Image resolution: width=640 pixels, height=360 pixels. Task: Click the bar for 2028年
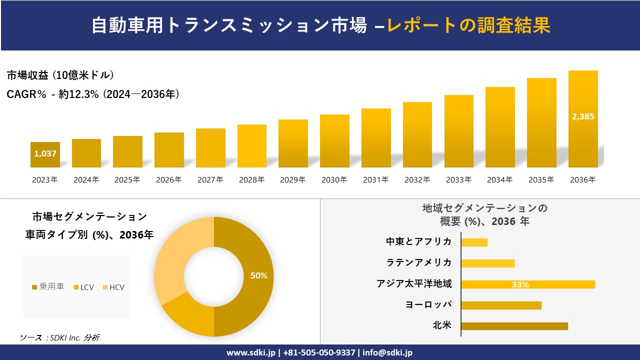tap(251, 146)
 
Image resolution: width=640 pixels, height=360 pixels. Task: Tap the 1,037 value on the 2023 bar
tap(45, 154)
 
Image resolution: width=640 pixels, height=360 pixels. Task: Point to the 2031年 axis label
tap(375, 180)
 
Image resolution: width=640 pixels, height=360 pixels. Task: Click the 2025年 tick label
tap(127, 180)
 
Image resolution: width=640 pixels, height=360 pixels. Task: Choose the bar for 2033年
tap(458, 131)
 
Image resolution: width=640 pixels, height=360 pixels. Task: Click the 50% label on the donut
tap(258, 275)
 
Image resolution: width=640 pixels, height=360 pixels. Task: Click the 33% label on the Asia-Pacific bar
tap(520, 284)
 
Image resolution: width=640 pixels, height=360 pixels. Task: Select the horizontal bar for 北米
tap(514, 326)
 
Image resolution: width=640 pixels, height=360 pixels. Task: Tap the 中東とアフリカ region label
tap(418, 242)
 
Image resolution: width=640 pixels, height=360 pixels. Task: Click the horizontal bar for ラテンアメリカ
tap(487, 263)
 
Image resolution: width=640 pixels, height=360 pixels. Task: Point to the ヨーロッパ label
tap(428, 305)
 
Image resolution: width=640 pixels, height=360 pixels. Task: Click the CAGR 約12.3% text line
tap(93, 94)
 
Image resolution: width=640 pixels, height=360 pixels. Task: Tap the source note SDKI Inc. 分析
tap(60, 338)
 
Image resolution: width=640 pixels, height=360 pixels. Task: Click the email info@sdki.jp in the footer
tap(387, 352)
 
